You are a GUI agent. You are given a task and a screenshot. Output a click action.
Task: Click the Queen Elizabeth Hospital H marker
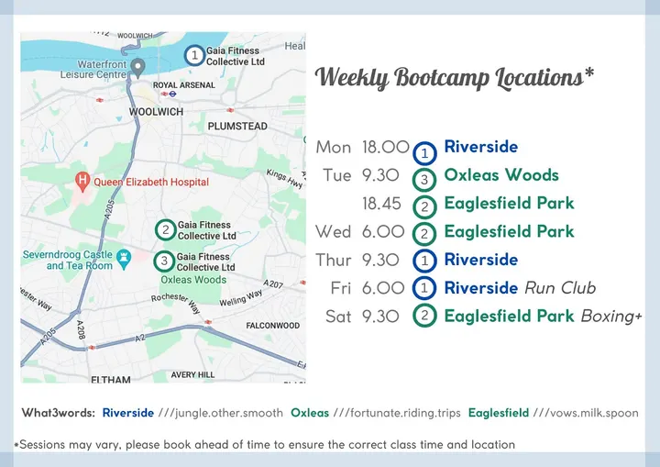tap(82, 182)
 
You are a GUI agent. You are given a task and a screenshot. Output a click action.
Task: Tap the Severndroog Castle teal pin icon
tap(124, 259)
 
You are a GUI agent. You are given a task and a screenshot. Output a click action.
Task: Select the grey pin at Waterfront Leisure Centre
tap(137, 68)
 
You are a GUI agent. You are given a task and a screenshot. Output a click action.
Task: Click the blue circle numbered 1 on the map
tap(194, 55)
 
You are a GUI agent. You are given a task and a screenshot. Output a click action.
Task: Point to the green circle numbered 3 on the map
tap(164, 261)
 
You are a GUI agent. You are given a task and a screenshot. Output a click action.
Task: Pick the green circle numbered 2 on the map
tap(165, 230)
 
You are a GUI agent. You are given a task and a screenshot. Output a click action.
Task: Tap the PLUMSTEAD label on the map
tap(237, 126)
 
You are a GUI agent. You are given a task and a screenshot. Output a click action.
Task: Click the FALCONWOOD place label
tap(273, 326)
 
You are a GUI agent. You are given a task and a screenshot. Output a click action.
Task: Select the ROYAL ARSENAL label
tap(184, 85)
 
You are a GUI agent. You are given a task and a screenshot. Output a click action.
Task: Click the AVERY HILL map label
tap(192, 374)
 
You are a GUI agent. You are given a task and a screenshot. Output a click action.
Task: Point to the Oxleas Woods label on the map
tap(193, 280)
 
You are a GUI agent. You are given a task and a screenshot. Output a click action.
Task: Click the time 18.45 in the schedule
tap(381, 204)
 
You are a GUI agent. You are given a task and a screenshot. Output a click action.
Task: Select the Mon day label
tap(334, 147)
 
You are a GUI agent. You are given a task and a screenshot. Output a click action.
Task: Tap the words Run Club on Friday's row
tap(560, 288)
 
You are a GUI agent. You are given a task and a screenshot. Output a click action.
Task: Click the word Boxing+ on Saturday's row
tap(611, 317)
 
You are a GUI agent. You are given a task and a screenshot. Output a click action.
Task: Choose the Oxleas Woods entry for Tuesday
tap(501, 175)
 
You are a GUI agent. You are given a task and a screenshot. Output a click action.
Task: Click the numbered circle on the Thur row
tap(424, 261)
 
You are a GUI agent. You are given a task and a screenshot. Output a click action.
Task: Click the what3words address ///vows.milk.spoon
tap(586, 413)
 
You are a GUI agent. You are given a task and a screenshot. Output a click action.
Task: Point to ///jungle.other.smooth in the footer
tap(221, 413)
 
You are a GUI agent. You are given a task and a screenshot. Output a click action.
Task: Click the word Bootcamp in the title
tap(442, 78)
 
